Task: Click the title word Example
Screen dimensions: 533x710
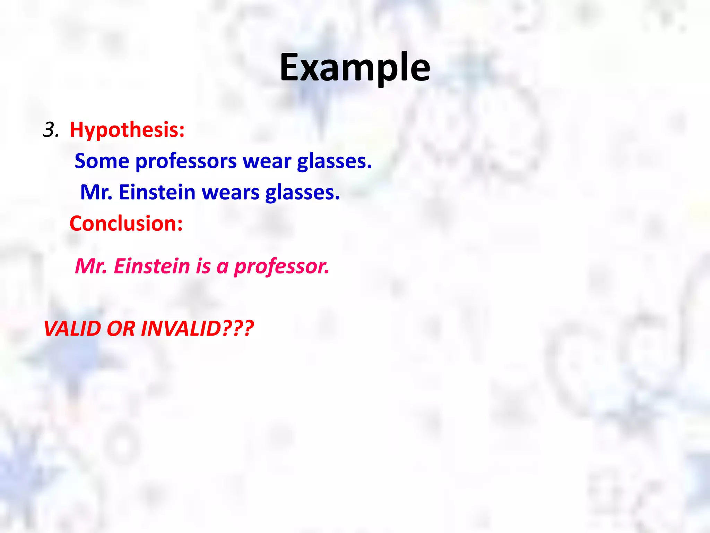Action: (x=355, y=68)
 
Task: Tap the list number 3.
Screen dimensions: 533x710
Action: (x=51, y=130)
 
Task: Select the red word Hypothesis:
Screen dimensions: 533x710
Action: (x=127, y=130)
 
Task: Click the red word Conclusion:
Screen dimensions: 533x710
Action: (x=126, y=223)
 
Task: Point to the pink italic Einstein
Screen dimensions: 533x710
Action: (x=152, y=266)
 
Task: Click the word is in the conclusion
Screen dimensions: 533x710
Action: (x=203, y=266)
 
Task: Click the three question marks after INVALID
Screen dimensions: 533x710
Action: (x=238, y=328)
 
